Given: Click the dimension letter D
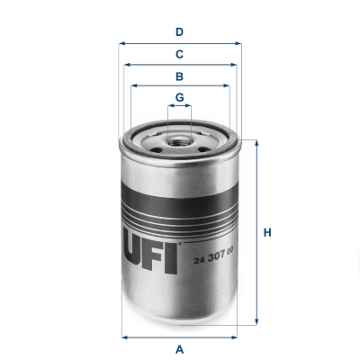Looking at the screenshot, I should click(180, 32).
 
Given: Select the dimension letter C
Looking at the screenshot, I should click(180, 54).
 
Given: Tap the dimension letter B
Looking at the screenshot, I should click(180, 76).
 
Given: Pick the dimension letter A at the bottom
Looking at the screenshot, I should click(180, 349).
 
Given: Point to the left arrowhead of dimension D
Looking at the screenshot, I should click(121, 42).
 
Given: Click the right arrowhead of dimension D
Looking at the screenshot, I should click(239, 42).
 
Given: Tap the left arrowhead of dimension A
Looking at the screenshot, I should click(123, 337).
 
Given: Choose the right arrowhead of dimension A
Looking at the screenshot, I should click(238, 337).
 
